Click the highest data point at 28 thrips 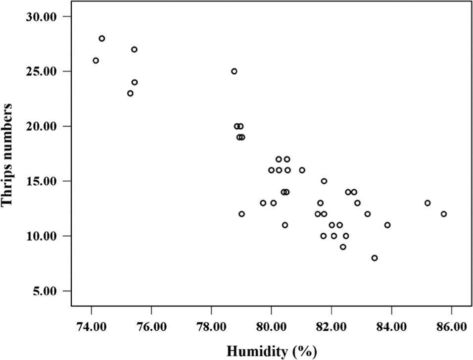[x=102, y=39]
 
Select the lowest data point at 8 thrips [x=375, y=258]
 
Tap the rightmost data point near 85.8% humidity [x=444, y=214]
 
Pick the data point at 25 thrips [x=234, y=71]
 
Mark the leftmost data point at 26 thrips [x=95, y=60]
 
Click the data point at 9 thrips [x=343, y=247]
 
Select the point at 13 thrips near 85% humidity [x=427, y=203]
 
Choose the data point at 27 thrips [x=134, y=50]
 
